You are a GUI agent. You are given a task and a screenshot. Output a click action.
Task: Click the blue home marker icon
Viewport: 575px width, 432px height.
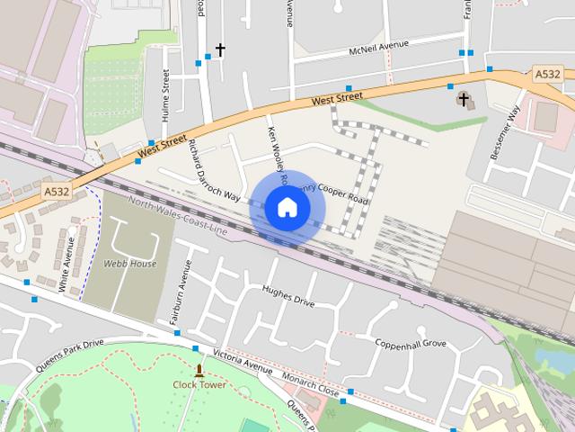point(287,207)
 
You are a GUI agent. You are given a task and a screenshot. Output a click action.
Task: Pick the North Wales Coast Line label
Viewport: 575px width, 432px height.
point(180,215)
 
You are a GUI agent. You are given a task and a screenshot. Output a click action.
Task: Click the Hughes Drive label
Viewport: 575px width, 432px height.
point(287,296)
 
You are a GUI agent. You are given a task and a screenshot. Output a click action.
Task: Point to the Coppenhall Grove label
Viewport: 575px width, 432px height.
point(411,343)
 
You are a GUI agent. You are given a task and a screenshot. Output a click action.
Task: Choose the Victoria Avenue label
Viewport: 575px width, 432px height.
point(242,361)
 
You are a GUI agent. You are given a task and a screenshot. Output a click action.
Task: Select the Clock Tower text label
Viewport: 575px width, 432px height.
point(199,386)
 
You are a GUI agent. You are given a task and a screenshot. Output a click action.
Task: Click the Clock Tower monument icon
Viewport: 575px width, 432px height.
point(199,370)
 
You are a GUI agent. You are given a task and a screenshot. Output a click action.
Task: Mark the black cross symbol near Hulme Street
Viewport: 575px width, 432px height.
point(219,49)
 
